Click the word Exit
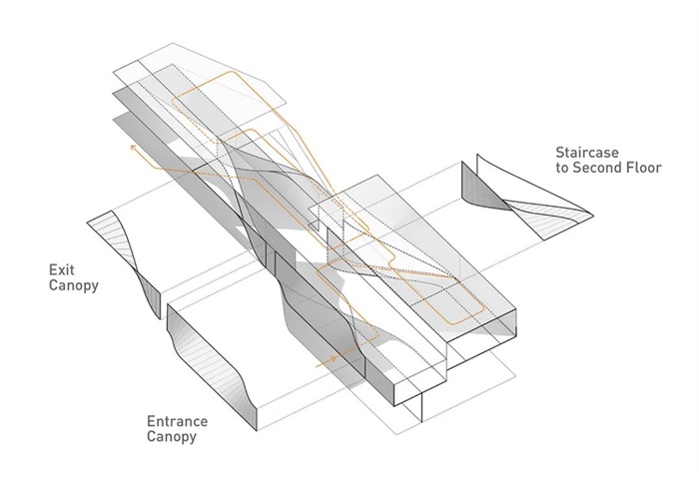click(x=62, y=270)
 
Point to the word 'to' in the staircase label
click(x=563, y=170)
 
